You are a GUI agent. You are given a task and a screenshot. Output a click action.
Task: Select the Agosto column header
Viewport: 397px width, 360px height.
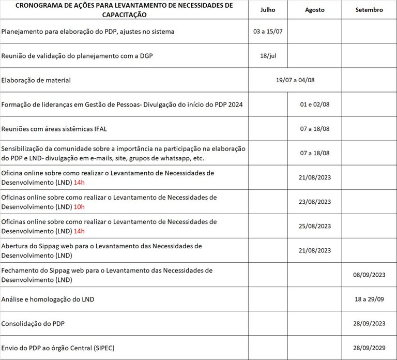click(315, 10)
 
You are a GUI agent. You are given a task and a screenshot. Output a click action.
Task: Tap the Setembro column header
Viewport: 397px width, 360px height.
click(370, 10)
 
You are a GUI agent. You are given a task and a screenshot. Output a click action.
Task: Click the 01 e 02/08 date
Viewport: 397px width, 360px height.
click(315, 104)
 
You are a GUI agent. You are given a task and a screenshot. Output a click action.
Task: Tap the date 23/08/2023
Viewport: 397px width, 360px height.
click(315, 202)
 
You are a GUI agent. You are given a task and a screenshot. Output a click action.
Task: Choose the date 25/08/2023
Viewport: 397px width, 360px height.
click(315, 226)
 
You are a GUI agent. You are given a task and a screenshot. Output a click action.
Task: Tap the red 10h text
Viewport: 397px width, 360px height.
click(79, 206)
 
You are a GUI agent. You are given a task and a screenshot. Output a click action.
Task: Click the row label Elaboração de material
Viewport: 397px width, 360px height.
click(36, 80)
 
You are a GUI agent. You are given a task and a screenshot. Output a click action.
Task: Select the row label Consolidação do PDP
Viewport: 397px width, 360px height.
click(33, 324)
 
